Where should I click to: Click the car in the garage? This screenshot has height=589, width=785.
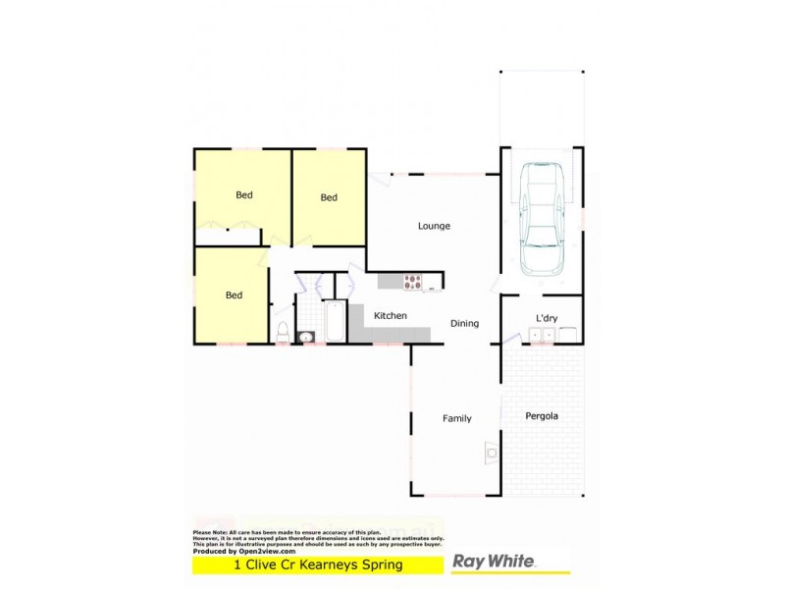click(542, 218)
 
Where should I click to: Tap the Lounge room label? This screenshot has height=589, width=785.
click(434, 226)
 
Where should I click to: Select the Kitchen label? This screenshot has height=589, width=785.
click(390, 316)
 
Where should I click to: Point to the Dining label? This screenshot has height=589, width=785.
click(464, 323)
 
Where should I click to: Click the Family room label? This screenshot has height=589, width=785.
click(456, 418)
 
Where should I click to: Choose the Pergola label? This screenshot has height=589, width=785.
click(542, 416)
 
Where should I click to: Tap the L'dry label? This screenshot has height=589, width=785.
click(547, 317)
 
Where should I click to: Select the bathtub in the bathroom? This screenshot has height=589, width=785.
click(335, 320)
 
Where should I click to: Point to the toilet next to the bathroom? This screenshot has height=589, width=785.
click(282, 331)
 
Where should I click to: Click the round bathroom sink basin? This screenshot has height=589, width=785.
click(305, 337)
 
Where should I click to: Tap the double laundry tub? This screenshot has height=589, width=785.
click(542, 336)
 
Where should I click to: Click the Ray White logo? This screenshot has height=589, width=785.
click(494, 562)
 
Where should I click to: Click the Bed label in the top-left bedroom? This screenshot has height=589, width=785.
click(243, 194)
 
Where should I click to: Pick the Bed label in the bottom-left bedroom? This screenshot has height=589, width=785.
click(234, 294)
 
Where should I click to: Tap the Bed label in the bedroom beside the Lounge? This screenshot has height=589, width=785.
click(329, 197)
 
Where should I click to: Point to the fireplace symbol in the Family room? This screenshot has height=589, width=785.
click(491, 451)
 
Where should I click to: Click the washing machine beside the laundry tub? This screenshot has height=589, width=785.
click(569, 336)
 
